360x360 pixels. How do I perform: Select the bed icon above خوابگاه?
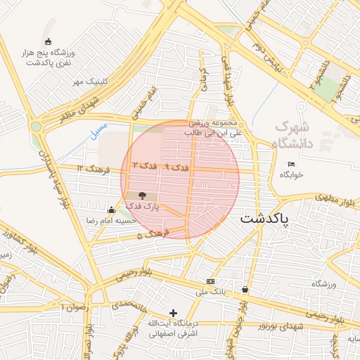292,165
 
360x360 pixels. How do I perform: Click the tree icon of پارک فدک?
143,196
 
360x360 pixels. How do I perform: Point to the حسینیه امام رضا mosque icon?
111,210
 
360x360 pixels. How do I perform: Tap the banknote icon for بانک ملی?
211,281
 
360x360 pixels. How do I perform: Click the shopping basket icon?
245,289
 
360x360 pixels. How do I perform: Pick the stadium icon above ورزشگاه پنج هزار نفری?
48,41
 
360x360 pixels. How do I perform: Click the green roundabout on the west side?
36,127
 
